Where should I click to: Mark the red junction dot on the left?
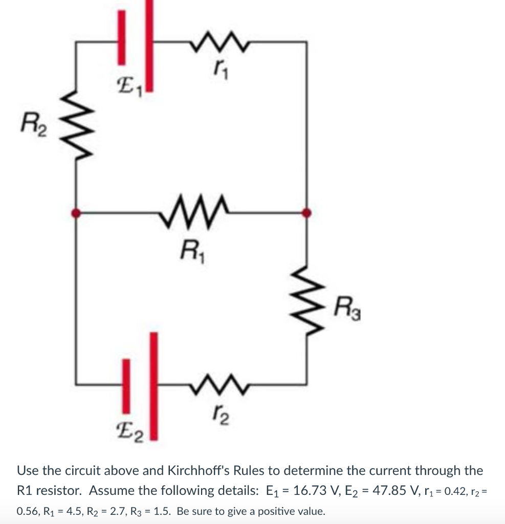tap(76, 212)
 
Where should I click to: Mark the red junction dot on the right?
tap(306, 212)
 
